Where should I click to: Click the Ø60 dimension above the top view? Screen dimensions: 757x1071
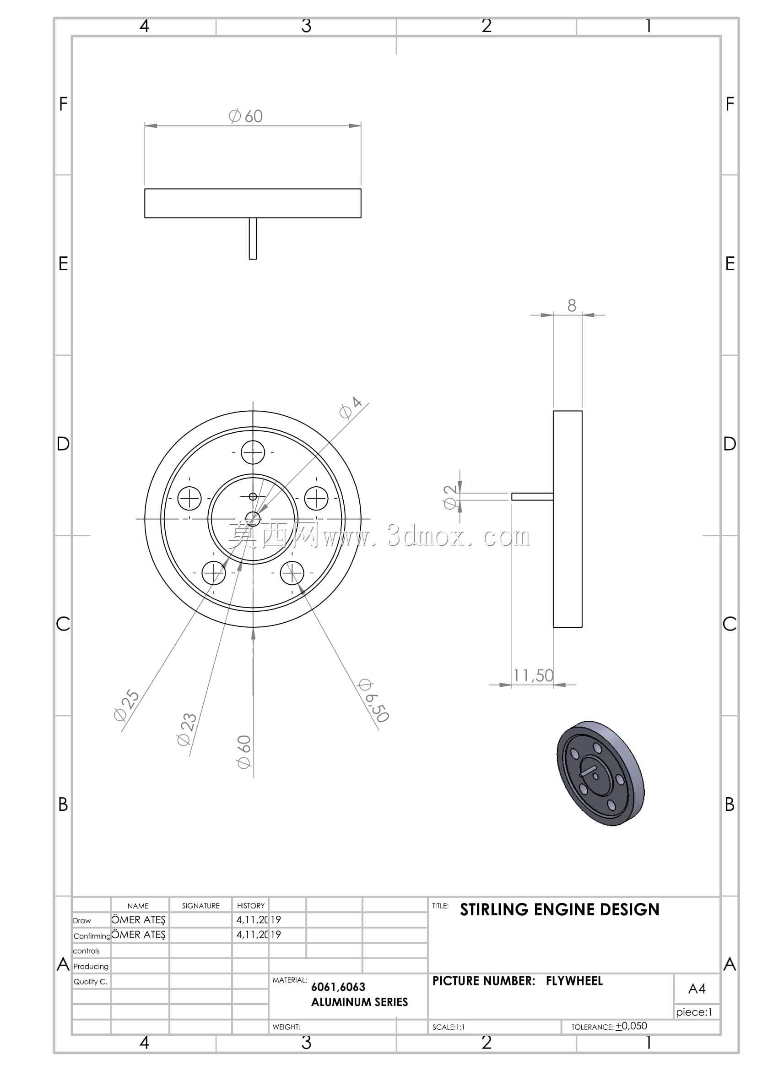(x=246, y=116)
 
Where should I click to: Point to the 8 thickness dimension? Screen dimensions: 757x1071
(x=572, y=305)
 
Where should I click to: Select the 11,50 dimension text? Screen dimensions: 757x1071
(x=533, y=675)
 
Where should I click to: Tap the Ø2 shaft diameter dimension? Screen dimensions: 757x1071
(x=450, y=497)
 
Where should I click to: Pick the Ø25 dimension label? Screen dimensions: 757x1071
(x=126, y=705)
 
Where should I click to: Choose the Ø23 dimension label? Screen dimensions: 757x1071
(x=187, y=729)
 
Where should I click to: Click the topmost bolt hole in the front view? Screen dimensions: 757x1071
(x=253, y=452)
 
